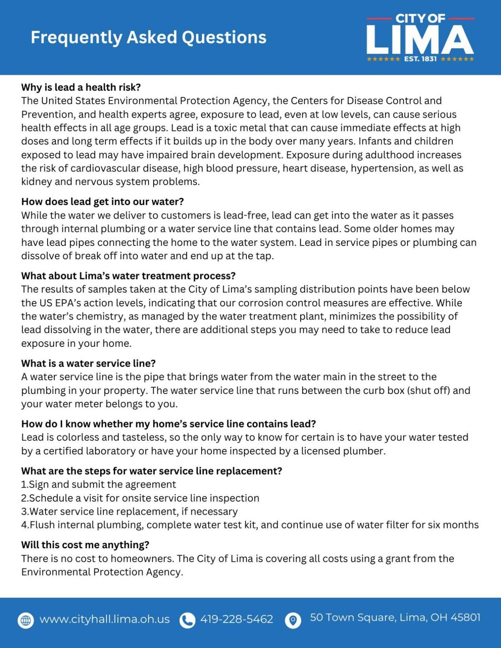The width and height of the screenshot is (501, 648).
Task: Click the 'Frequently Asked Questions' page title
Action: click(148, 37)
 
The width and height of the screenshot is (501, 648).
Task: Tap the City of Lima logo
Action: click(420, 38)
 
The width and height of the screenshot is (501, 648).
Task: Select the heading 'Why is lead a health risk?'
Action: click(81, 87)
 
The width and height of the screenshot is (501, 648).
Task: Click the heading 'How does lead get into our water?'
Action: click(102, 202)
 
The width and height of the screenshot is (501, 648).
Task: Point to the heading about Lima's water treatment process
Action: click(128, 276)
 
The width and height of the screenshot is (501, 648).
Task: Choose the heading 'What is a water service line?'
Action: click(88, 363)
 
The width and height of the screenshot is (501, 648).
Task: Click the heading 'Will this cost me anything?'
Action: click(85, 545)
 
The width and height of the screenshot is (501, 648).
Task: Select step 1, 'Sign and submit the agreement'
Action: click(99, 484)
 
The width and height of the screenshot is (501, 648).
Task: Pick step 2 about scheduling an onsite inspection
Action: click(140, 498)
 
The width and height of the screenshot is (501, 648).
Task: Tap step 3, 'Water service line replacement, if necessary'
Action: click(129, 512)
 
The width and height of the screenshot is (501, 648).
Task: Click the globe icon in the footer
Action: click(26, 620)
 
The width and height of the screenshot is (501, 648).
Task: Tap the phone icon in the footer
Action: click(187, 620)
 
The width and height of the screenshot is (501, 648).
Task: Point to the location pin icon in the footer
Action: click(293, 620)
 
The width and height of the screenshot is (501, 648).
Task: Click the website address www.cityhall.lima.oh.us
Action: click(104, 619)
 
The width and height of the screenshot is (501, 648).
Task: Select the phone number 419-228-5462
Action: click(237, 619)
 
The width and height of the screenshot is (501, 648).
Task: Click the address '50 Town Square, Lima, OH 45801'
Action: click(395, 618)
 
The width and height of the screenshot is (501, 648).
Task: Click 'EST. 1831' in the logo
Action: click(420, 59)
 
